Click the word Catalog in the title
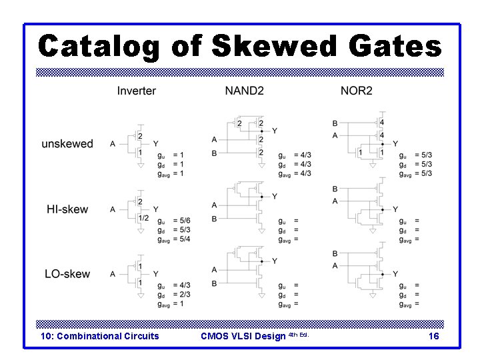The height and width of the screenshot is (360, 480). [x=99, y=47]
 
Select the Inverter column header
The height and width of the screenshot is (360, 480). [x=137, y=91]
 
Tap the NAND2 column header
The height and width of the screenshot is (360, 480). [x=244, y=91]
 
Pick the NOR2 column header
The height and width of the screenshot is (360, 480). [x=356, y=91]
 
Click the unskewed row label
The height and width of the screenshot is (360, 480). [x=67, y=144]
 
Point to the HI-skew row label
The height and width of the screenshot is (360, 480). [x=67, y=209]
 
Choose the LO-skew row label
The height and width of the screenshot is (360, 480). [x=67, y=274]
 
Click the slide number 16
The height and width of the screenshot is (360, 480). [x=433, y=337]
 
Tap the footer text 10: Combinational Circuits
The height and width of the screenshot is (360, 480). [x=100, y=336]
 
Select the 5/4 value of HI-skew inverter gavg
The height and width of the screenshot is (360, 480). [x=184, y=239]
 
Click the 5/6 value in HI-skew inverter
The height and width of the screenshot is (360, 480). [x=184, y=221]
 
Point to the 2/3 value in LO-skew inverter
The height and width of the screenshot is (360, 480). [x=184, y=294]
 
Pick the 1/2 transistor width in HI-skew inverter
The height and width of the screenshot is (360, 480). [x=143, y=217]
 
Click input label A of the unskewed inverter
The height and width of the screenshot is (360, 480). [x=113, y=143]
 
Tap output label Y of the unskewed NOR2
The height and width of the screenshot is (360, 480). [x=395, y=143]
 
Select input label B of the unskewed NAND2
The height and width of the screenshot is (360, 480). [x=214, y=153]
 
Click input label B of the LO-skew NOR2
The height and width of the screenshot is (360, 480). [x=335, y=254]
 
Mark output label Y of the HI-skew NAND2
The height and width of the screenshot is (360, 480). [x=274, y=196]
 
